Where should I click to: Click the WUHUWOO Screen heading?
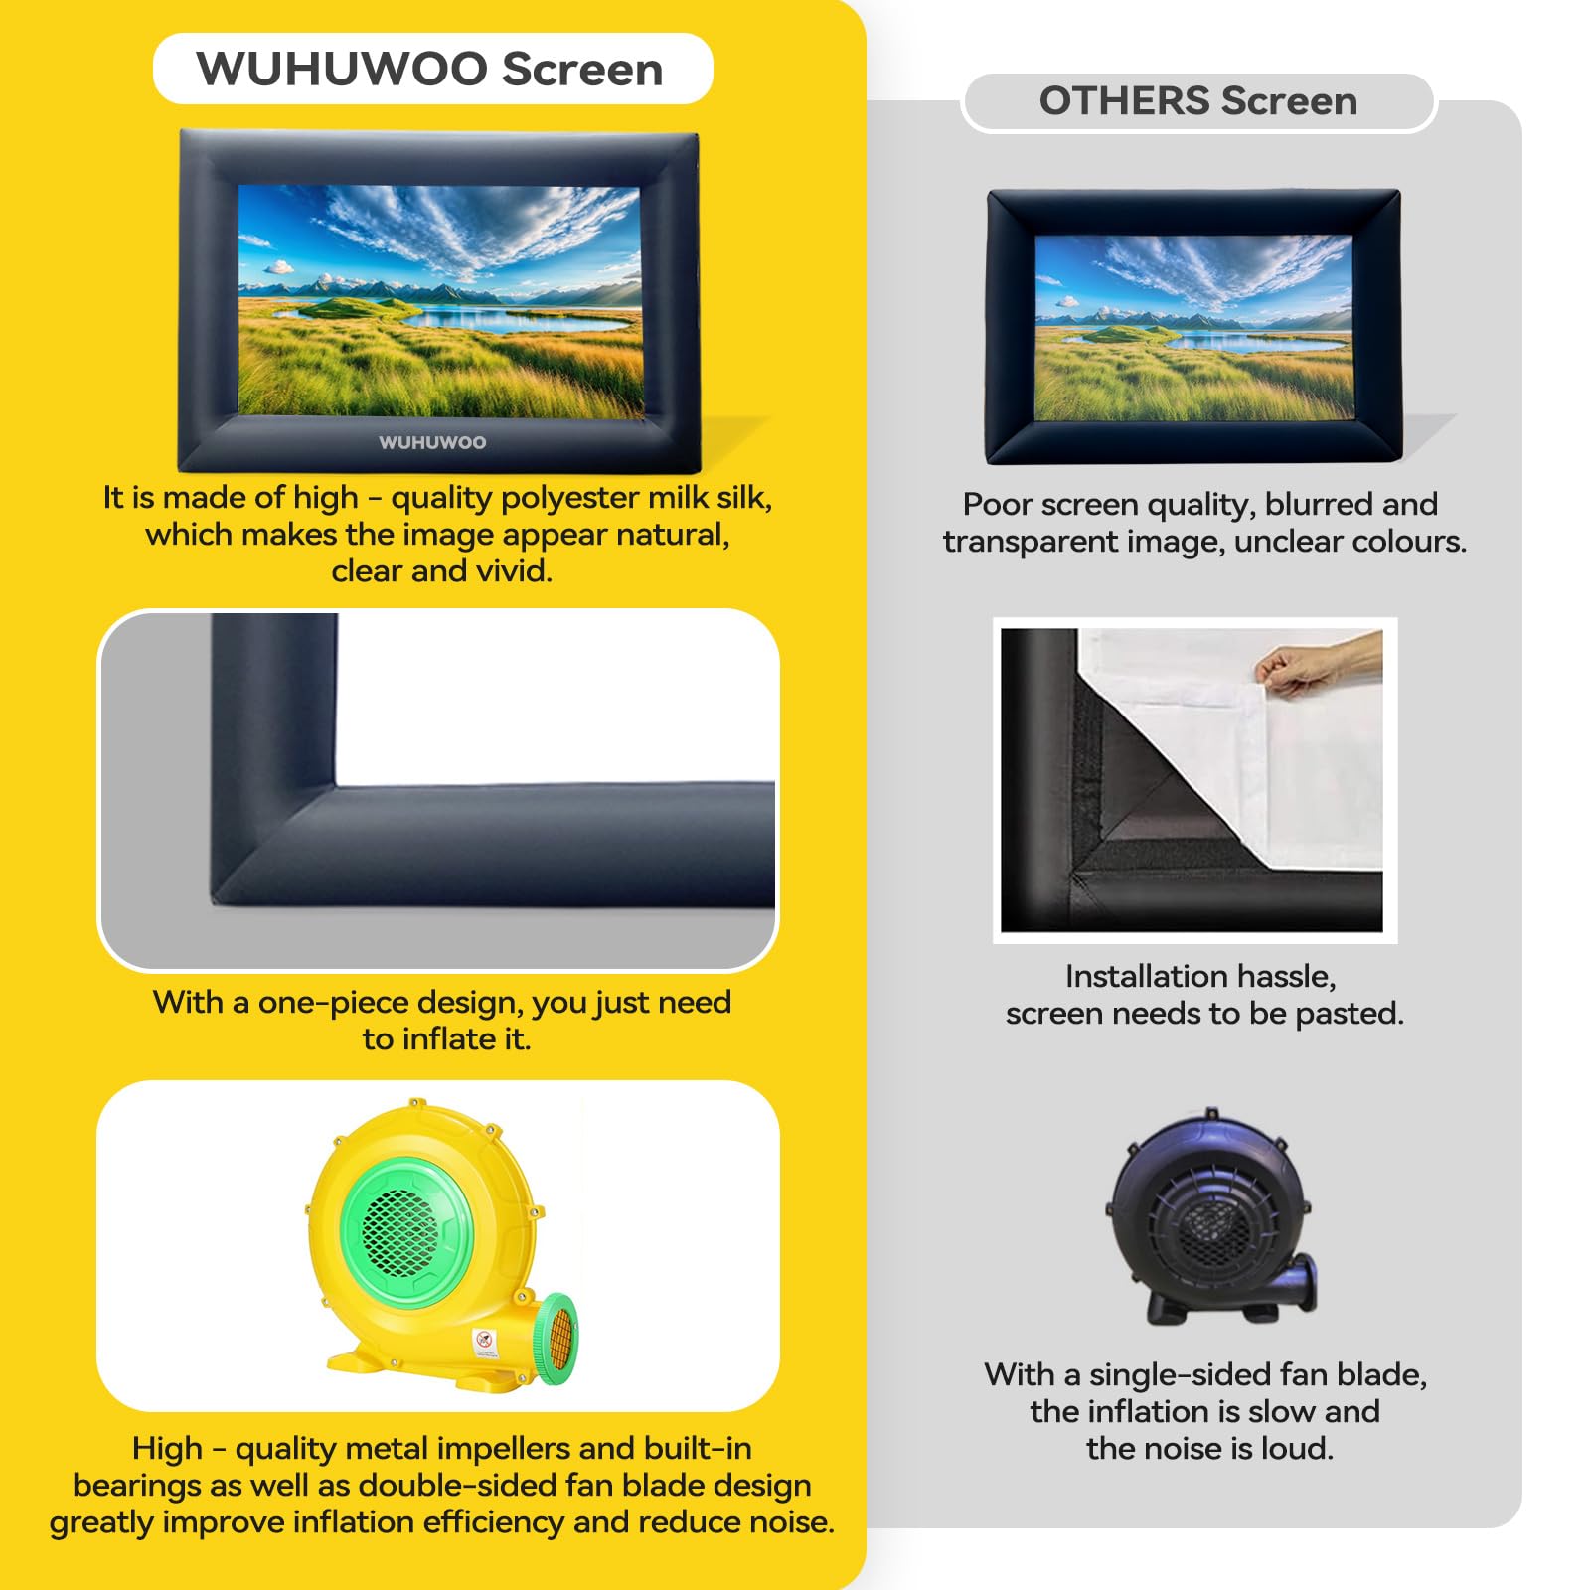click(430, 70)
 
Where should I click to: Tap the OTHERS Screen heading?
click(1197, 101)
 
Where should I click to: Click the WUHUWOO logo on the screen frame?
click(432, 442)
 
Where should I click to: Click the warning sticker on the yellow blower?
click(484, 1343)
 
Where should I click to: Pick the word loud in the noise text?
click(1296, 1448)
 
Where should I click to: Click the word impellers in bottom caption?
click(502, 1448)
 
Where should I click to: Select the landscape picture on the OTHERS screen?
click(1193, 328)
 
